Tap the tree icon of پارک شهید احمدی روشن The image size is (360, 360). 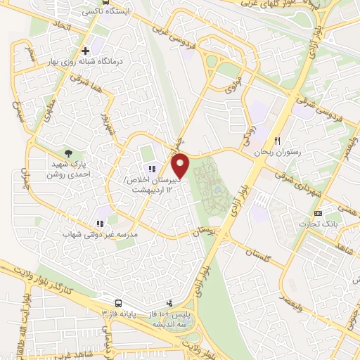coord(68,152)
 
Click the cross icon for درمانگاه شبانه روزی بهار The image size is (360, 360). coord(85,51)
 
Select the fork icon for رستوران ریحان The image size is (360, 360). coord(278,141)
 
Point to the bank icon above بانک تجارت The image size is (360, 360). coord(318,213)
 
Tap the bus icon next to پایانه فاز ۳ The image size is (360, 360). coord(117,303)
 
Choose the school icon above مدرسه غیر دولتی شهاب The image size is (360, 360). coord(99,224)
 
